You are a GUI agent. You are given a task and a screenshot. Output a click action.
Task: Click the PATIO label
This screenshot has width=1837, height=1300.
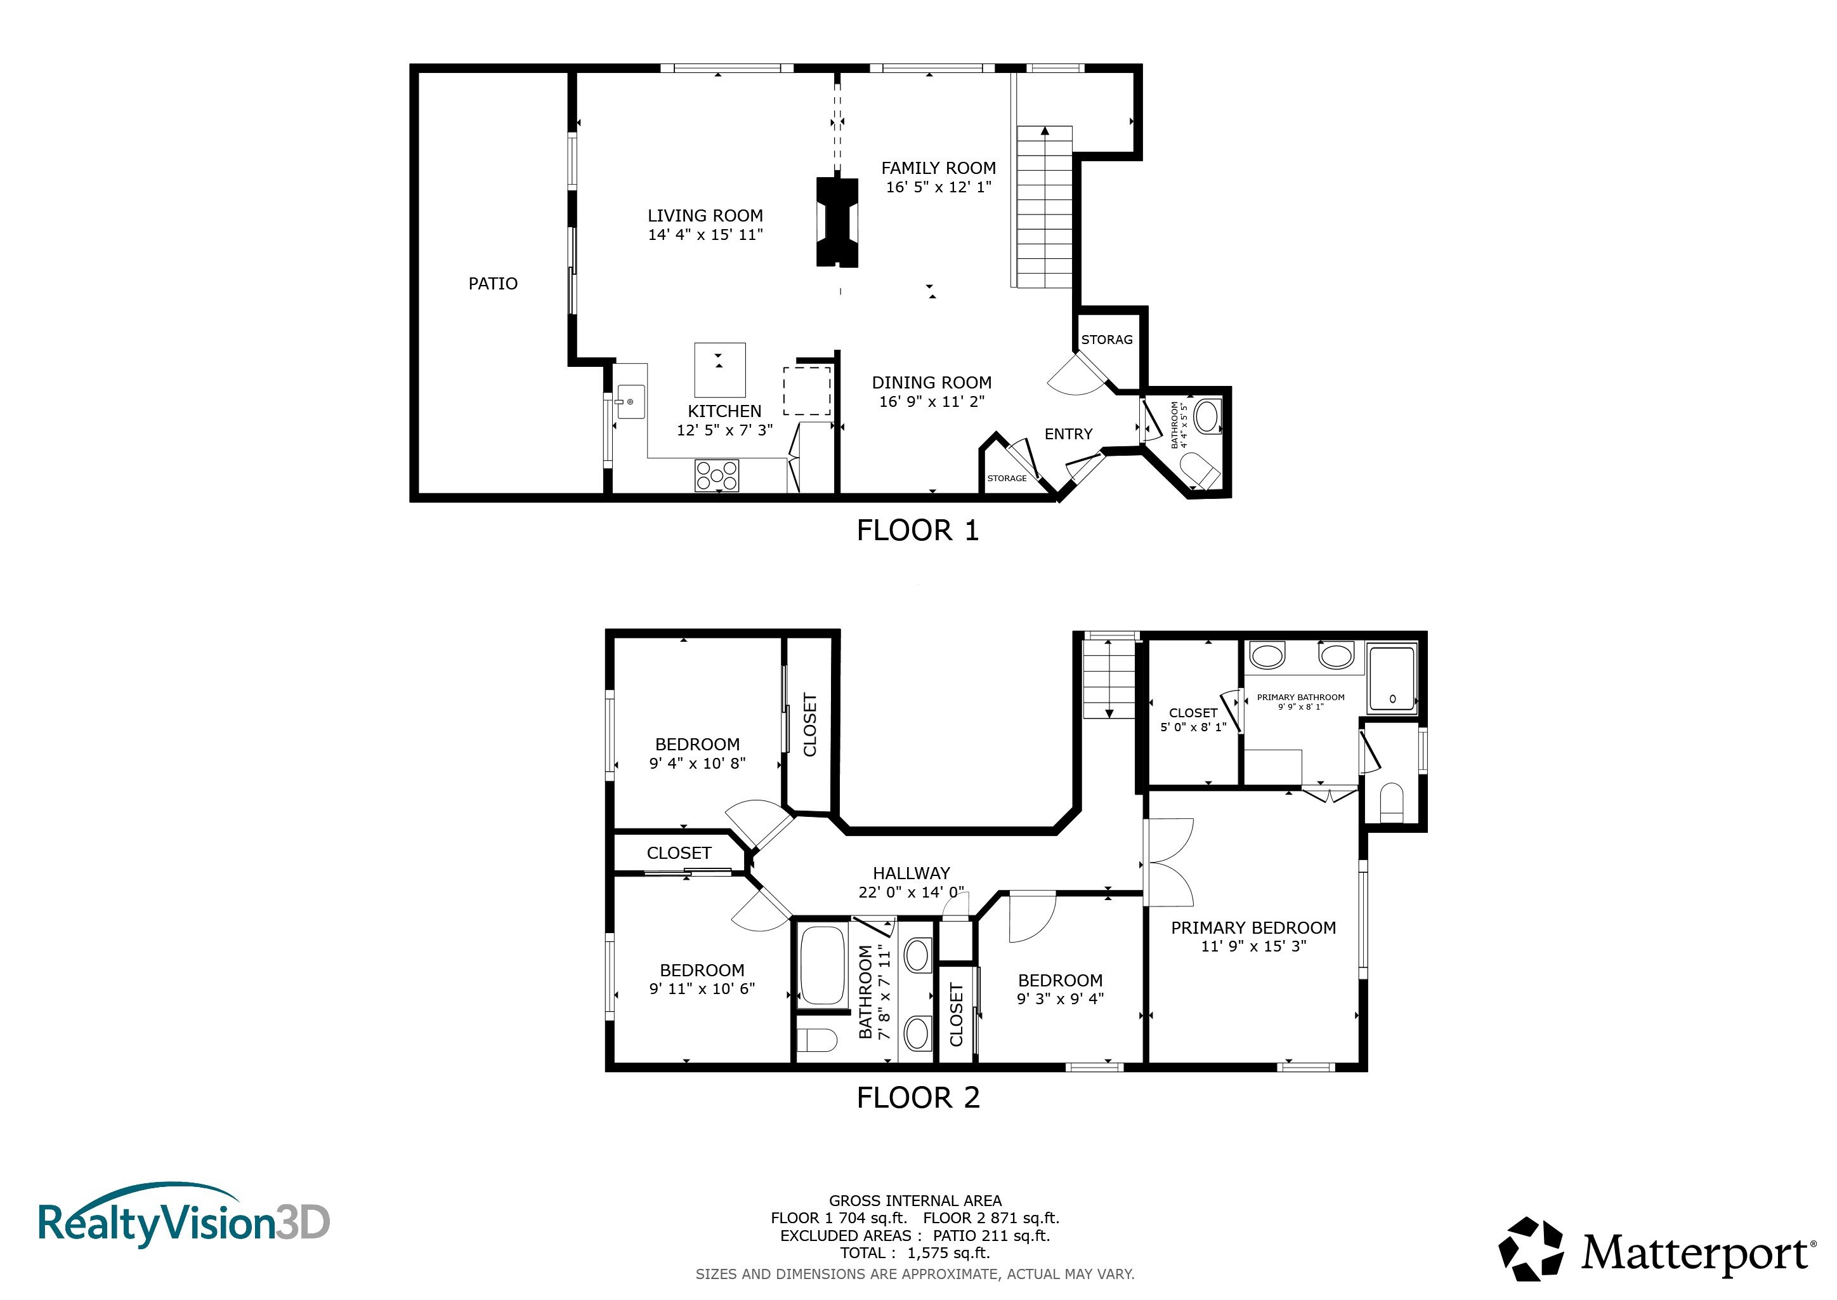(x=493, y=283)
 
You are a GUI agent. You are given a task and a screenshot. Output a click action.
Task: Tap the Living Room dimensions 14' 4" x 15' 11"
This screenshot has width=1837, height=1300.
(x=705, y=234)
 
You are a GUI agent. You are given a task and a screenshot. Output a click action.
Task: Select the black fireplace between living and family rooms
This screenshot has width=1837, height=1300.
(x=837, y=221)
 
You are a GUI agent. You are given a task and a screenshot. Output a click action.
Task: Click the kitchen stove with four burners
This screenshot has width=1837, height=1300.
(x=717, y=475)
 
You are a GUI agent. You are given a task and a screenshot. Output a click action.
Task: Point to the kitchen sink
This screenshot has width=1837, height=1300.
(x=630, y=402)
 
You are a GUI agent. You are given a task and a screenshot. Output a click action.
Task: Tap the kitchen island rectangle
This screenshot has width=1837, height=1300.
(x=719, y=370)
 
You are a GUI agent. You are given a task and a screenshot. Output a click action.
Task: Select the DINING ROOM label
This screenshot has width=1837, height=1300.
(x=931, y=383)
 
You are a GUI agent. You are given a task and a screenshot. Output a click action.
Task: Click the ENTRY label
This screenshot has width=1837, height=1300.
(x=1068, y=434)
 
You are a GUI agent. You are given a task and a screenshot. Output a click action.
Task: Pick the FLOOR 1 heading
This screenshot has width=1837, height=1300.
(x=918, y=531)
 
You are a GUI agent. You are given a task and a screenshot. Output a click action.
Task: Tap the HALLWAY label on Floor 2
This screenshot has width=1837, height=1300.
(x=912, y=873)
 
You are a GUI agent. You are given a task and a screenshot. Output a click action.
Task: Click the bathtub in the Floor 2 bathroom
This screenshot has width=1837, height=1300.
(x=823, y=965)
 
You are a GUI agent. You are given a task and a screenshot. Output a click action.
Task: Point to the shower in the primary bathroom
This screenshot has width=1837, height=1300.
(x=1392, y=679)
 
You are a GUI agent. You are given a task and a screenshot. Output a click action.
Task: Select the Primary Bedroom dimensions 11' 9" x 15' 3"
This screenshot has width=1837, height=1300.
(x=1253, y=946)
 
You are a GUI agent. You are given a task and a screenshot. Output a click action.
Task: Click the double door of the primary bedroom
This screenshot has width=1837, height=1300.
(x=1169, y=862)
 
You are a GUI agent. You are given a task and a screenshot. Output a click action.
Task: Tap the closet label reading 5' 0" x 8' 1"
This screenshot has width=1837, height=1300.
(x=1193, y=727)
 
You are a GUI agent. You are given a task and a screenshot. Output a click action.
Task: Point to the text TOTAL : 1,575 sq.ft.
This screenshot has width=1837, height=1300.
(x=915, y=1254)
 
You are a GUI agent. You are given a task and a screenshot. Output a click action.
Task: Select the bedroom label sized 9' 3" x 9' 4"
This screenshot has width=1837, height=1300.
(x=1060, y=999)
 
